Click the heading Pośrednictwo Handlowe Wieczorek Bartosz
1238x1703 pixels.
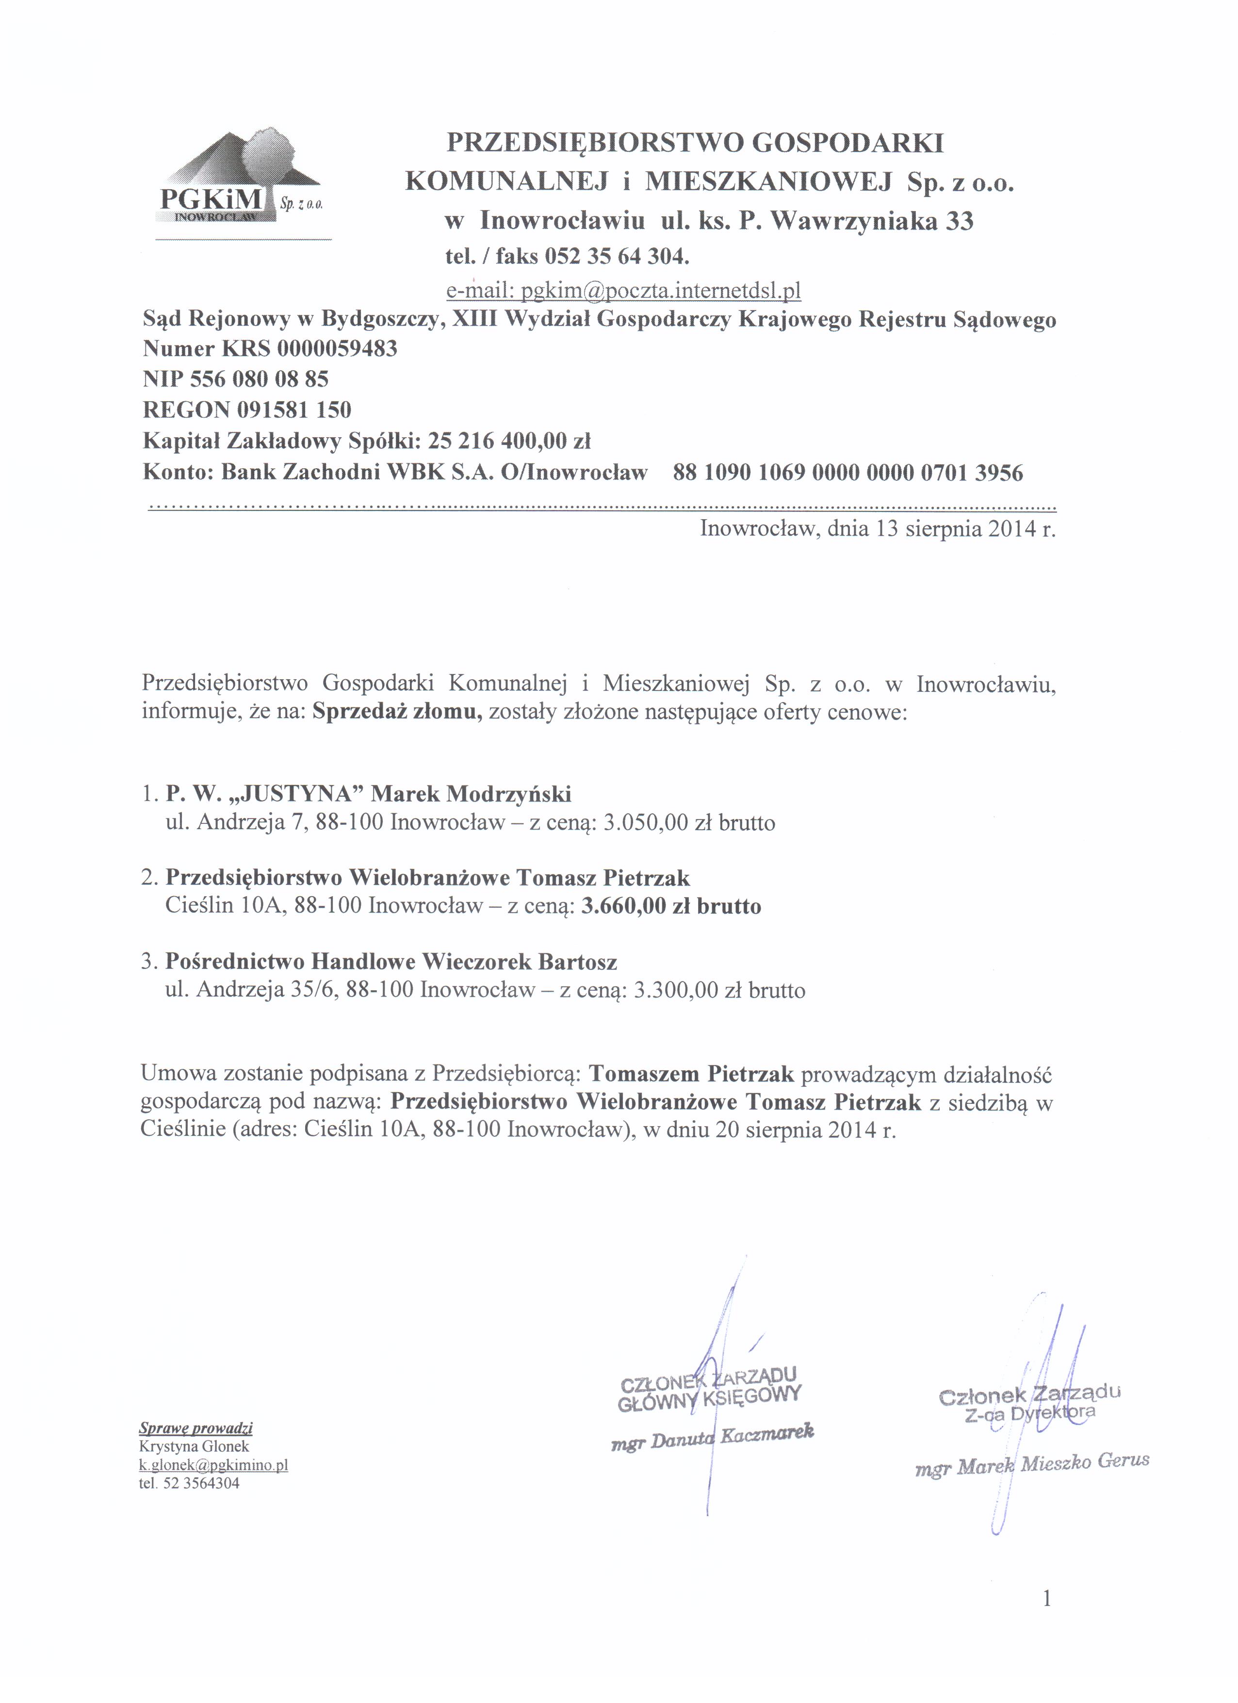[391, 961]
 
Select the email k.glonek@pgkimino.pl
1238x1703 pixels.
[213, 1465]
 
